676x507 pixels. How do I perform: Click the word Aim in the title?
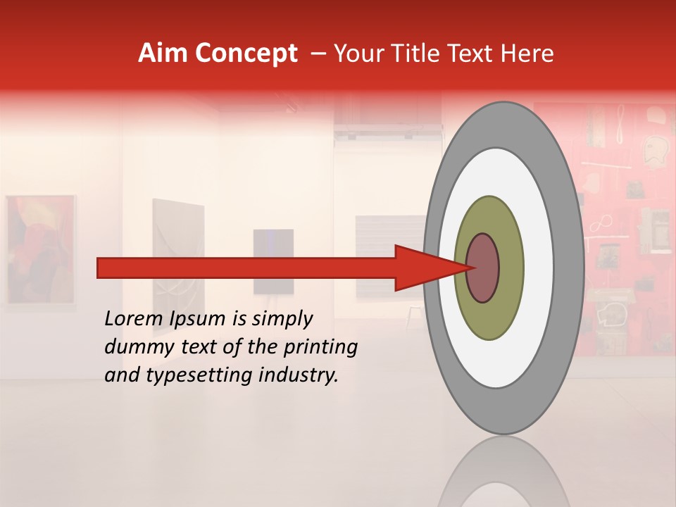(162, 54)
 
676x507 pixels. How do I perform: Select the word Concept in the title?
(246, 54)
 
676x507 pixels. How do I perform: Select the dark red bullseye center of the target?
(482, 268)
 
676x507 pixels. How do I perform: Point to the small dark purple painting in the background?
(273, 261)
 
